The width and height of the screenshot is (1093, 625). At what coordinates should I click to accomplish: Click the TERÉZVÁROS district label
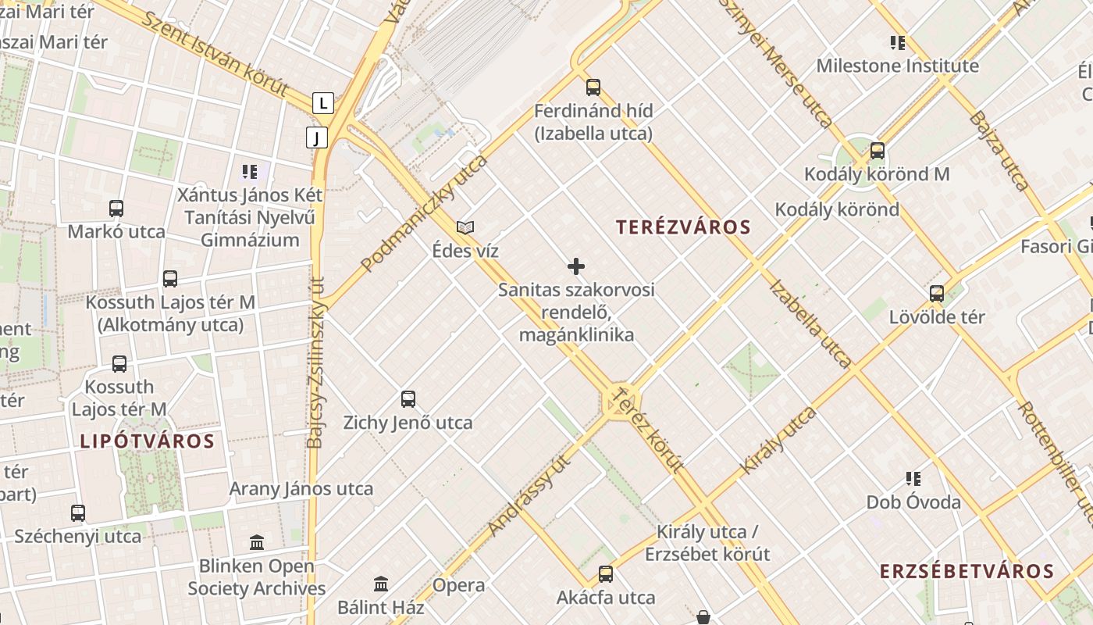tap(683, 227)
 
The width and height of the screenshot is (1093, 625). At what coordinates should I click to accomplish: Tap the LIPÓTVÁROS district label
tap(147, 441)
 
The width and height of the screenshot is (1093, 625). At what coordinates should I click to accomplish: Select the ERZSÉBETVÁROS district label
tap(967, 571)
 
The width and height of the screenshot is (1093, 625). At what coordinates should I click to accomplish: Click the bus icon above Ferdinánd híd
tap(593, 87)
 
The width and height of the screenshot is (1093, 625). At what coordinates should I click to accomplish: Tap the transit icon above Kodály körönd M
tap(878, 150)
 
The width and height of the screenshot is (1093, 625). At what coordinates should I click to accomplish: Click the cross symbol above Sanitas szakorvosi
tap(576, 266)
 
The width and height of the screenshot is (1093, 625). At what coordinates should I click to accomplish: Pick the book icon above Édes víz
tap(465, 227)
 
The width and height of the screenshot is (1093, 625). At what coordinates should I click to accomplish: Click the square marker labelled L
tap(323, 102)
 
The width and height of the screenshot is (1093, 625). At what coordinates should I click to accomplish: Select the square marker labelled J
tap(316, 138)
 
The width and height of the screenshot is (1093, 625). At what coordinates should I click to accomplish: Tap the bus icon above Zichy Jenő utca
tap(408, 399)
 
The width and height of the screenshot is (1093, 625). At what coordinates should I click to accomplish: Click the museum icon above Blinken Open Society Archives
tap(257, 542)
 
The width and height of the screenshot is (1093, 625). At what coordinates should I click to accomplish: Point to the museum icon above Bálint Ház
tap(381, 584)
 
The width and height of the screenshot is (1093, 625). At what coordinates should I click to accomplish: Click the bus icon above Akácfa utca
tap(606, 574)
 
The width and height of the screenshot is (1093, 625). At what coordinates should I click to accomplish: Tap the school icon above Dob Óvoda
tap(913, 478)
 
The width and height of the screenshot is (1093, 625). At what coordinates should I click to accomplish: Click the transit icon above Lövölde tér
tap(937, 294)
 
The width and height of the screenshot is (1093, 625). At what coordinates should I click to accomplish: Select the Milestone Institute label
tap(897, 66)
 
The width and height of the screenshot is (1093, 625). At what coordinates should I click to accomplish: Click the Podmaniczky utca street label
tap(425, 212)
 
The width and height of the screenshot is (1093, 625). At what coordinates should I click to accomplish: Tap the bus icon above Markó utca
tap(116, 209)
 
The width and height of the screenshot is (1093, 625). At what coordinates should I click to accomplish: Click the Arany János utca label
tap(301, 489)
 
